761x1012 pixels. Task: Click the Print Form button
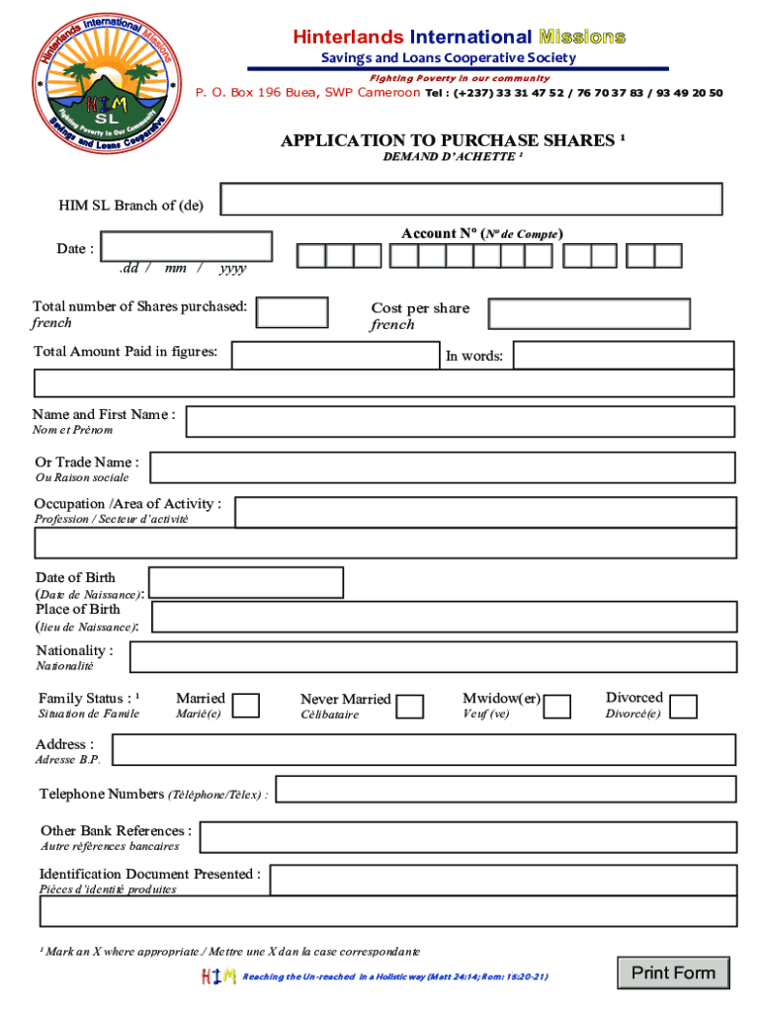tap(673, 973)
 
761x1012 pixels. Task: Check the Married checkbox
tap(246, 705)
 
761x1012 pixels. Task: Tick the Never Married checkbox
tap(410, 706)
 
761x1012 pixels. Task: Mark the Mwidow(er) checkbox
tap(557, 706)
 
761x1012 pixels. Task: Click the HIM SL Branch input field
tap(471, 199)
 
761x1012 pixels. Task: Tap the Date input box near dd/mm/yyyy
tap(187, 246)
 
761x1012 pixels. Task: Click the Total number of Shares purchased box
tap(292, 312)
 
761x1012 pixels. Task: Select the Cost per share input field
tap(590, 314)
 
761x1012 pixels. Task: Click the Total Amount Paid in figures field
tap(334, 355)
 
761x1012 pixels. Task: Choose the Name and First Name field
tap(461, 421)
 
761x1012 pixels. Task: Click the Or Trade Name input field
tap(442, 467)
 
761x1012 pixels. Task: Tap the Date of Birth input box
tap(245, 582)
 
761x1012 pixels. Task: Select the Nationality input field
tap(433, 657)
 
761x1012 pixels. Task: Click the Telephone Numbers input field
tap(506, 789)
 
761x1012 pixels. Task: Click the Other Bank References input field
tap(467, 837)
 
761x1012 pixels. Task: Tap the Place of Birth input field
tap(444, 618)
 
